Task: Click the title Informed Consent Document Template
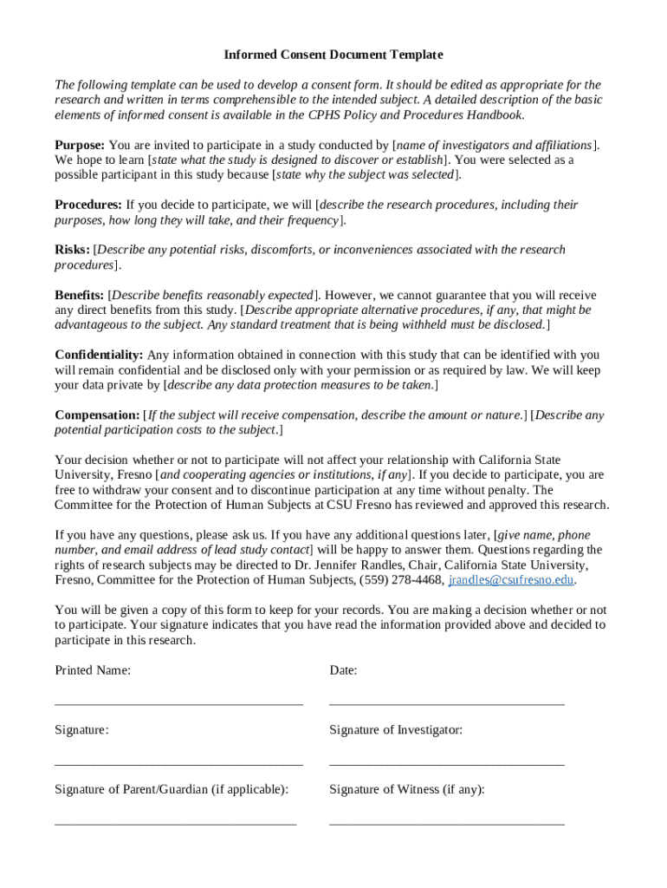coord(333,55)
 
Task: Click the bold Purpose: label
coord(80,145)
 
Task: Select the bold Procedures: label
coord(88,205)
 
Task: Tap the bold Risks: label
coord(72,250)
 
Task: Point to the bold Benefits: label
coord(80,295)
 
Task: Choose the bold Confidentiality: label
coord(99,355)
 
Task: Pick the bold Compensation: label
coord(97,415)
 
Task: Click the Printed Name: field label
coord(93,670)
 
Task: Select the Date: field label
coord(343,670)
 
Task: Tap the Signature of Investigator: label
coord(396,730)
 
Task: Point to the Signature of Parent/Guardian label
coord(172,790)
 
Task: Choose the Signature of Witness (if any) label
coord(406,790)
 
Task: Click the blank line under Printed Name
coord(178,703)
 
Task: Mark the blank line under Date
coord(446,703)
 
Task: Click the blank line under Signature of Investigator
coord(446,763)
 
